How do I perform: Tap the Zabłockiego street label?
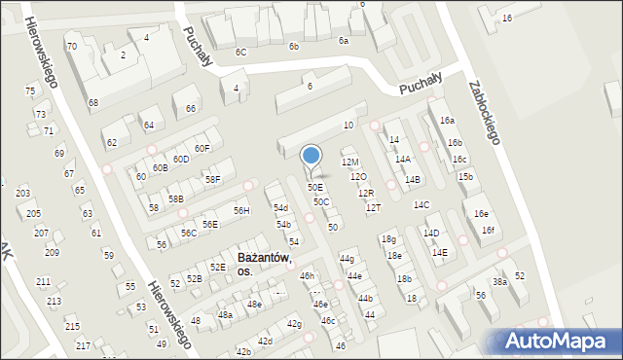[484, 111]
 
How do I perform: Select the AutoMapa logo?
[559, 341]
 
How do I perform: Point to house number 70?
[71, 47]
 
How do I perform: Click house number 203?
[22, 194]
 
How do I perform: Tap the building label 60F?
[202, 148]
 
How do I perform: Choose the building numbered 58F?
[212, 179]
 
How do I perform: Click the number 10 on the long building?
[348, 126]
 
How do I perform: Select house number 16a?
[447, 120]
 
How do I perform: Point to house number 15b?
[466, 176]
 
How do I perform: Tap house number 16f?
[489, 230]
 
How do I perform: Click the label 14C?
[421, 205]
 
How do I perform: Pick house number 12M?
[350, 162]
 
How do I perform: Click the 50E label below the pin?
[315, 187]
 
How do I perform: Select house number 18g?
[388, 239]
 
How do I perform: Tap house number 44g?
[347, 258]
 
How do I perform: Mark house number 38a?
[499, 282]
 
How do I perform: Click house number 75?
[30, 90]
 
